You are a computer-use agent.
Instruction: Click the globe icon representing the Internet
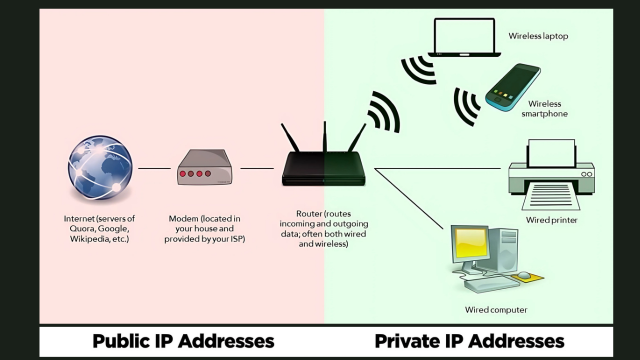(100, 168)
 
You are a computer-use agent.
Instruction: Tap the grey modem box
(204, 167)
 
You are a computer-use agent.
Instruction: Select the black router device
(324, 163)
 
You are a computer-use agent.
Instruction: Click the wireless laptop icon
(464, 37)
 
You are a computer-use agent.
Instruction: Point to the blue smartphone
(513, 87)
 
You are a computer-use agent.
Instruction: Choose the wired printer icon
(551, 175)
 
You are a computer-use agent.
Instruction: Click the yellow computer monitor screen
(471, 242)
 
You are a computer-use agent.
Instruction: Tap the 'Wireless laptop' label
(538, 36)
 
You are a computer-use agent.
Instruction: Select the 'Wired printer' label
(551, 220)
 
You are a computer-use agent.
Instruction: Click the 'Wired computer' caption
(496, 310)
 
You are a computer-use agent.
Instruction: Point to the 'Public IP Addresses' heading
(183, 341)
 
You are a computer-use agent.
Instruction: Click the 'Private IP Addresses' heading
(469, 341)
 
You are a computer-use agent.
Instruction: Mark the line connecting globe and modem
(154, 168)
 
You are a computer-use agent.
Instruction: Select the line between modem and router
(257, 168)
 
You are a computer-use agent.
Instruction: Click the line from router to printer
(438, 168)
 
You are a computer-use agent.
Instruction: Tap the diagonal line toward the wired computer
(409, 199)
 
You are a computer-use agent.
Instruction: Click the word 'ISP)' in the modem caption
(238, 239)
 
